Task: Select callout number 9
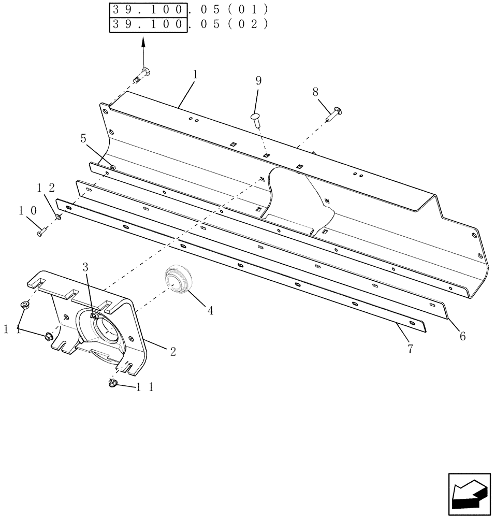[x=258, y=81]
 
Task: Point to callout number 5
[x=83, y=138]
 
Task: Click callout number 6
[x=462, y=336]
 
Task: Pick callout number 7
[x=410, y=349]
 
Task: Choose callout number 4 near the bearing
[x=210, y=310]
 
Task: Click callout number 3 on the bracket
[x=86, y=267]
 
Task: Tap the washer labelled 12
[x=58, y=217]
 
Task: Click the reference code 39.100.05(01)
[x=188, y=10]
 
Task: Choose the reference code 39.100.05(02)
[x=188, y=24]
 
